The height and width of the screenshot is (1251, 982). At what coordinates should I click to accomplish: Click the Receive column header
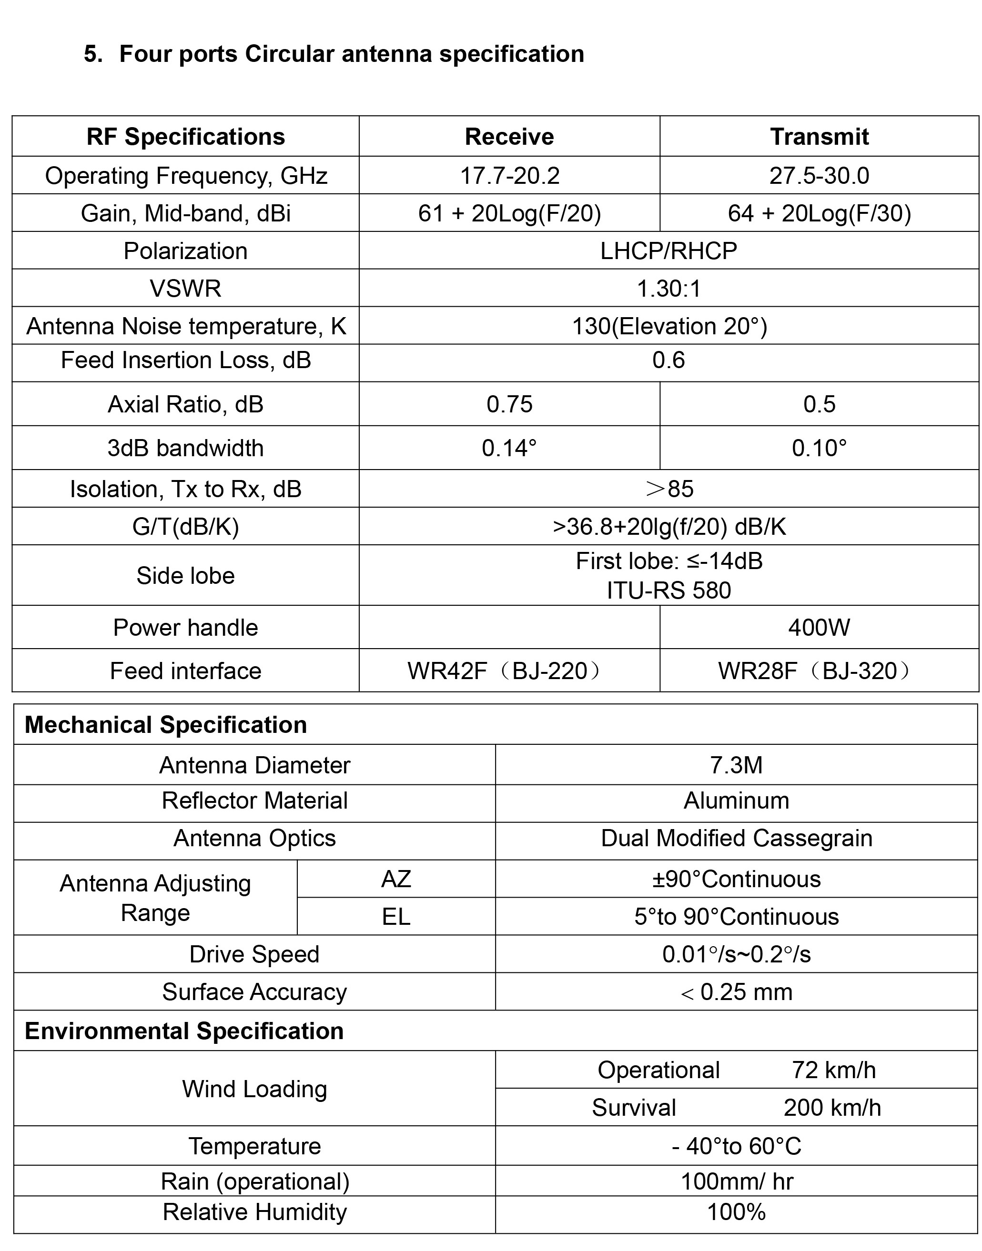(509, 137)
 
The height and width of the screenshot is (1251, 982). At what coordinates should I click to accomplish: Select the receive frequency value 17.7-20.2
(509, 176)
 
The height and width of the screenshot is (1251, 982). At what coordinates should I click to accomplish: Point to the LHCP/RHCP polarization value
(668, 251)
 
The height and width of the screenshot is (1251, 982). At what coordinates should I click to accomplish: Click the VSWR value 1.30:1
(668, 289)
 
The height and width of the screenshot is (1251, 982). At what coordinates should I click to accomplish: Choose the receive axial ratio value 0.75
(509, 405)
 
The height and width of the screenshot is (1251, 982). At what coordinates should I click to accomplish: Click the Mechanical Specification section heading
(166, 725)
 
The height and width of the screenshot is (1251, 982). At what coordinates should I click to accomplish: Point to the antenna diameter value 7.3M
(736, 765)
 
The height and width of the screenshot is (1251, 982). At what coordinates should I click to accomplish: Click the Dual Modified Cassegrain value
(736, 839)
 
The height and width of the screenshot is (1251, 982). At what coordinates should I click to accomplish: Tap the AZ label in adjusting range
(395, 879)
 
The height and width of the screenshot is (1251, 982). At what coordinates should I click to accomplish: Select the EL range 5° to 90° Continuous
(736, 917)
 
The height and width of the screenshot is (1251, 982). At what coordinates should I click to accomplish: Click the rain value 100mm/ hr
(736, 1181)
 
